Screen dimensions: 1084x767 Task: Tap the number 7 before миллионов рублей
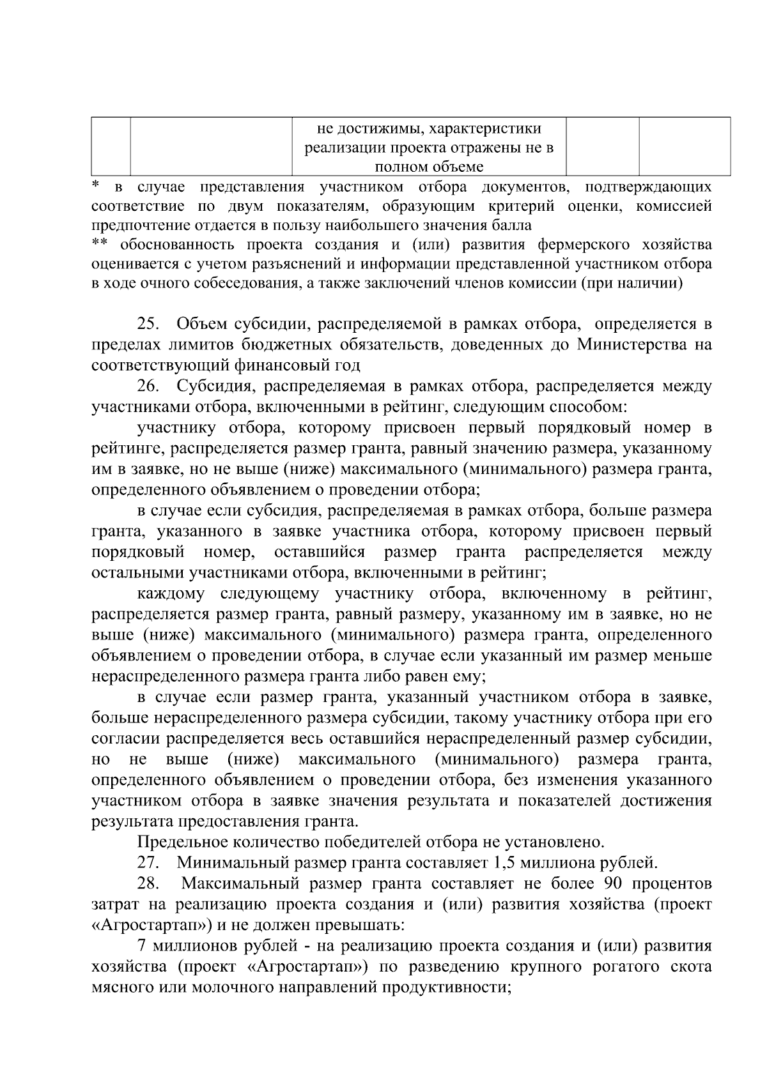point(141,946)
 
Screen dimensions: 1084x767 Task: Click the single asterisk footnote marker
point(95,186)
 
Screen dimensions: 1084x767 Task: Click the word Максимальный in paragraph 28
point(237,884)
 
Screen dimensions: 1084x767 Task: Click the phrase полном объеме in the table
point(429,167)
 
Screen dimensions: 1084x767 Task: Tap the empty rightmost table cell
point(685,146)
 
